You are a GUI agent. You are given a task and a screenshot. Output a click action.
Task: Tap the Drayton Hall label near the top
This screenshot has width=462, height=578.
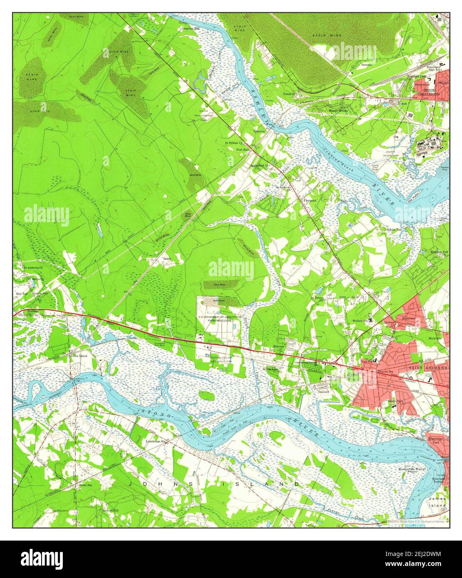[x=191, y=28]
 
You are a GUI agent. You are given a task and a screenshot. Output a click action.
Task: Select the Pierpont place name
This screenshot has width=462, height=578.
[x=310, y=200]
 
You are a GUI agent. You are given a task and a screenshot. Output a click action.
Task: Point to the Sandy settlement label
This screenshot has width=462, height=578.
[x=167, y=259]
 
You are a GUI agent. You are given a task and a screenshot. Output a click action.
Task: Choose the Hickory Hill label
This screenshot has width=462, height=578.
[x=110, y=510]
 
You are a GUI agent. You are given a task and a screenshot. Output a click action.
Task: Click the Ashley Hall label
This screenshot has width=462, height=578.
[x=394, y=229]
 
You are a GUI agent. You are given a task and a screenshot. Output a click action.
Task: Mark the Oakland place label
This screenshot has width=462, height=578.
[x=324, y=391]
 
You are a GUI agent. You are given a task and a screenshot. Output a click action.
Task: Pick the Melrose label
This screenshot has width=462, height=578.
[x=278, y=346]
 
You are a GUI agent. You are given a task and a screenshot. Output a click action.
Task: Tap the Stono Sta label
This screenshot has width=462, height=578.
[x=83, y=485]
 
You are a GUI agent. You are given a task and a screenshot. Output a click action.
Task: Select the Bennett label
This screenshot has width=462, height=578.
[x=366, y=65]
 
